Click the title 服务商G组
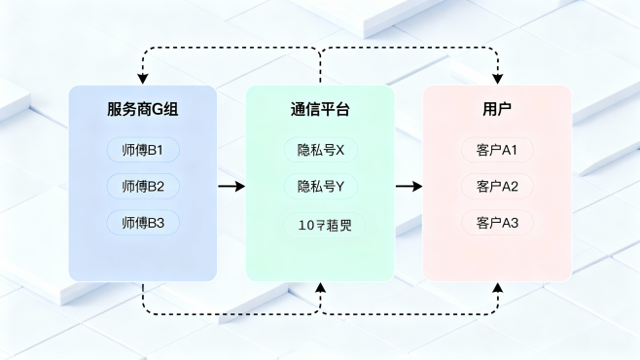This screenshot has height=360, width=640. [x=142, y=110]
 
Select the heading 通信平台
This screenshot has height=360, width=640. [x=320, y=110]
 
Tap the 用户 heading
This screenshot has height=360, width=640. [x=497, y=110]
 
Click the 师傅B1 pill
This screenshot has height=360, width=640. [x=143, y=151]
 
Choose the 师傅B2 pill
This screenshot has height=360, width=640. [x=143, y=186]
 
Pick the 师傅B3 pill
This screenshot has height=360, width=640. [x=143, y=223]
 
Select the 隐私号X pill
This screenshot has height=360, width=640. [x=320, y=151]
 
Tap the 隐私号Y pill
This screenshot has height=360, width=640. [x=320, y=186]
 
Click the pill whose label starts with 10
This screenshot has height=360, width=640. [x=320, y=225]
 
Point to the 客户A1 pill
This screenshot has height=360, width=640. [x=497, y=151]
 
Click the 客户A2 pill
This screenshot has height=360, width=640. [x=497, y=186]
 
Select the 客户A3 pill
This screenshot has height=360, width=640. [x=497, y=223]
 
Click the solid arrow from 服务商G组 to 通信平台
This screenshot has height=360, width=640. [x=231, y=186]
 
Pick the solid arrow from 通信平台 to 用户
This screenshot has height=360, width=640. [x=409, y=186]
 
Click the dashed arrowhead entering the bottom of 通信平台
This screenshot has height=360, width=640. [x=320, y=288]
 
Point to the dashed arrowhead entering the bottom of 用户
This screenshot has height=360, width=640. [x=498, y=288]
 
